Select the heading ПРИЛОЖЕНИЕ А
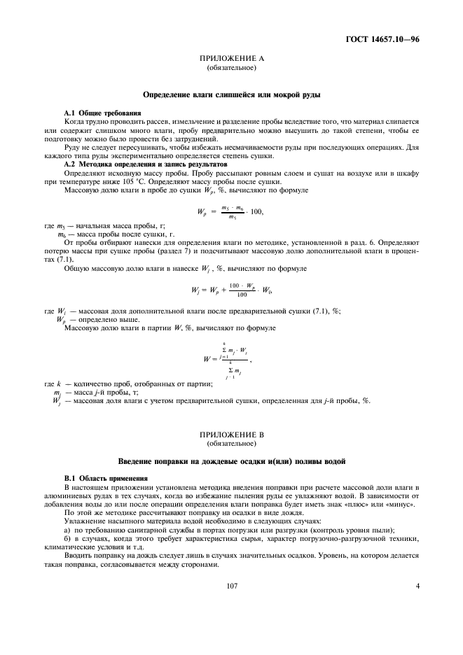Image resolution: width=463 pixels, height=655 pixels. (231, 59)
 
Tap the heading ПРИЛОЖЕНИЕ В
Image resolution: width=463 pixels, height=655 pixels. (231, 435)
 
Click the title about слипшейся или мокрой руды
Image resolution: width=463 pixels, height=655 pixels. (231, 94)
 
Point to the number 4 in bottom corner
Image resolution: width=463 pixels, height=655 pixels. (417, 586)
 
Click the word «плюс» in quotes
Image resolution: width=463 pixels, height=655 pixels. (352, 504)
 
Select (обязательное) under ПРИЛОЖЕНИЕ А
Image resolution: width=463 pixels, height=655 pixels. (231, 69)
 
